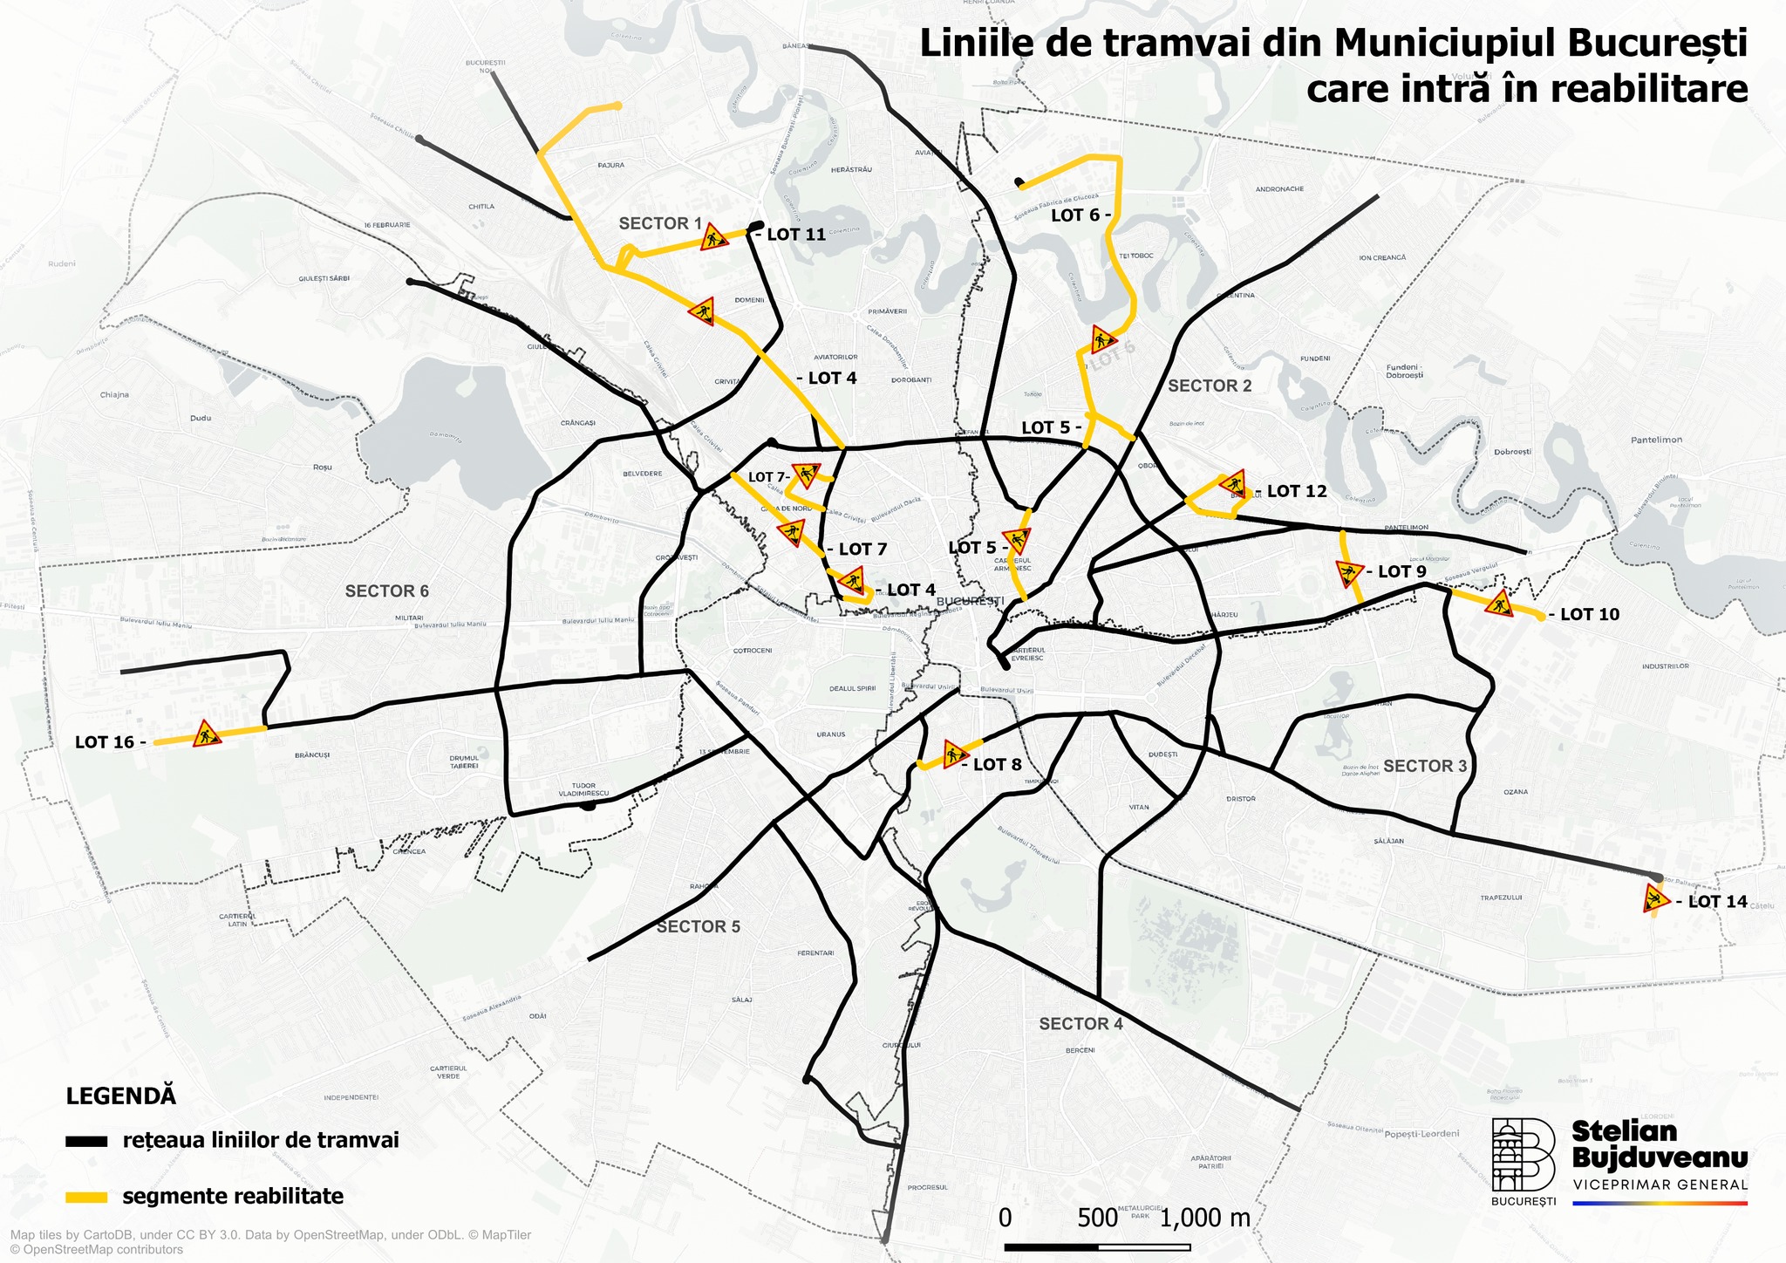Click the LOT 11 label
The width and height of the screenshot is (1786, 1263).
[x=795, y=235]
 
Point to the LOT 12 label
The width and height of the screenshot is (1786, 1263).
[x=1297, y=491]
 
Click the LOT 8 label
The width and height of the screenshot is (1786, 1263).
[x=997, y=765]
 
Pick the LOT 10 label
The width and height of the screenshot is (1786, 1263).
[x=1589, y=614]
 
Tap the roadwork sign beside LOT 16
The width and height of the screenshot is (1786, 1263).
[x=207, y=734]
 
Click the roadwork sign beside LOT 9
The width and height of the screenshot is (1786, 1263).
[x=1349, y=573]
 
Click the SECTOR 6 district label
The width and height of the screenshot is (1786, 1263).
[x=387, y=591]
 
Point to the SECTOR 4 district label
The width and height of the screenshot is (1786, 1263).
[x=1080, y=1023]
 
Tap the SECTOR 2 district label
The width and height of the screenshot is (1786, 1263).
[x=1210, y=386]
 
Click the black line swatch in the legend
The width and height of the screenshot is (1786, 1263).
[x=86, y=1141]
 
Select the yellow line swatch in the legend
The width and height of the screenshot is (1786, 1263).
[x=86, y=1197]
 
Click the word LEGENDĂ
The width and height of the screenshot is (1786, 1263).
[x=121, y=1096]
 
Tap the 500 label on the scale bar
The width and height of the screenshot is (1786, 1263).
[x=1096, y=1218]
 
